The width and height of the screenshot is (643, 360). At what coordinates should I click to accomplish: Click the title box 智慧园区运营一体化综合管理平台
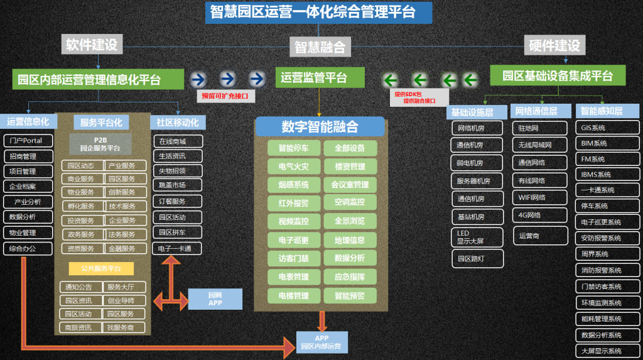[x=318, y=13]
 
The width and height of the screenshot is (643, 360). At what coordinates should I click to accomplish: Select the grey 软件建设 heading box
[x=92, y=44]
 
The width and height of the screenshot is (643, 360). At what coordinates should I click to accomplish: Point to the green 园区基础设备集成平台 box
[x=558, y=76]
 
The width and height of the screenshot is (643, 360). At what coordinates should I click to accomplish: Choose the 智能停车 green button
[x=293, y=149]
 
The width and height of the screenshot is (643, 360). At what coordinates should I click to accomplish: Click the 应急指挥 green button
[x=350, y=277]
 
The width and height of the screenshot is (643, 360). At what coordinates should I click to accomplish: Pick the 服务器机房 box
[x=477, y=181]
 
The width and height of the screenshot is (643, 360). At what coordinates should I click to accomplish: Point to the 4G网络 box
[x=533, y=215]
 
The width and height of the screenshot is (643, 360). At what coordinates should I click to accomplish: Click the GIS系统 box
[x=607, y=128]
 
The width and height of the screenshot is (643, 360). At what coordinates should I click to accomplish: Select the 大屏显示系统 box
[x=607, y=351]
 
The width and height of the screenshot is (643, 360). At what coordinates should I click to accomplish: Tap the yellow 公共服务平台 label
[x=101, y=268]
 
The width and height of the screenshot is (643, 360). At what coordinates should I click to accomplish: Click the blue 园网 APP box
[x=215, y=298]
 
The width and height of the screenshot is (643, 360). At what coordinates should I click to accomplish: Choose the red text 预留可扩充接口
[x=224, y=96]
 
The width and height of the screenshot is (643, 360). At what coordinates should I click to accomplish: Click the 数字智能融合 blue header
[x=320, y=126]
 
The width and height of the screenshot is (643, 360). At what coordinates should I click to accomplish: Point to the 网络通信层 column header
[x=540, y=111]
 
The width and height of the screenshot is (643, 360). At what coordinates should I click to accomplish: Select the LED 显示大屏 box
[x=477, y=237]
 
